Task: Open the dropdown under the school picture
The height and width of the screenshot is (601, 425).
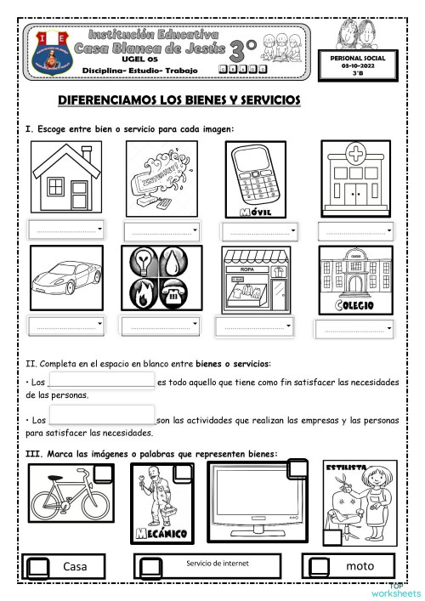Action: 357,329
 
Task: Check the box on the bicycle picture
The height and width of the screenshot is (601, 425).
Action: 105,473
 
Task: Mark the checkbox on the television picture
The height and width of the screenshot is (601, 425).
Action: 298,468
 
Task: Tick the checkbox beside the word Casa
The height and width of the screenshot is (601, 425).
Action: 38,566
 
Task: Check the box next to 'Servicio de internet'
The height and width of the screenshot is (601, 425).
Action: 150,566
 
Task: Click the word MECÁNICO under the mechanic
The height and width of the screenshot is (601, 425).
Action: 161,533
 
